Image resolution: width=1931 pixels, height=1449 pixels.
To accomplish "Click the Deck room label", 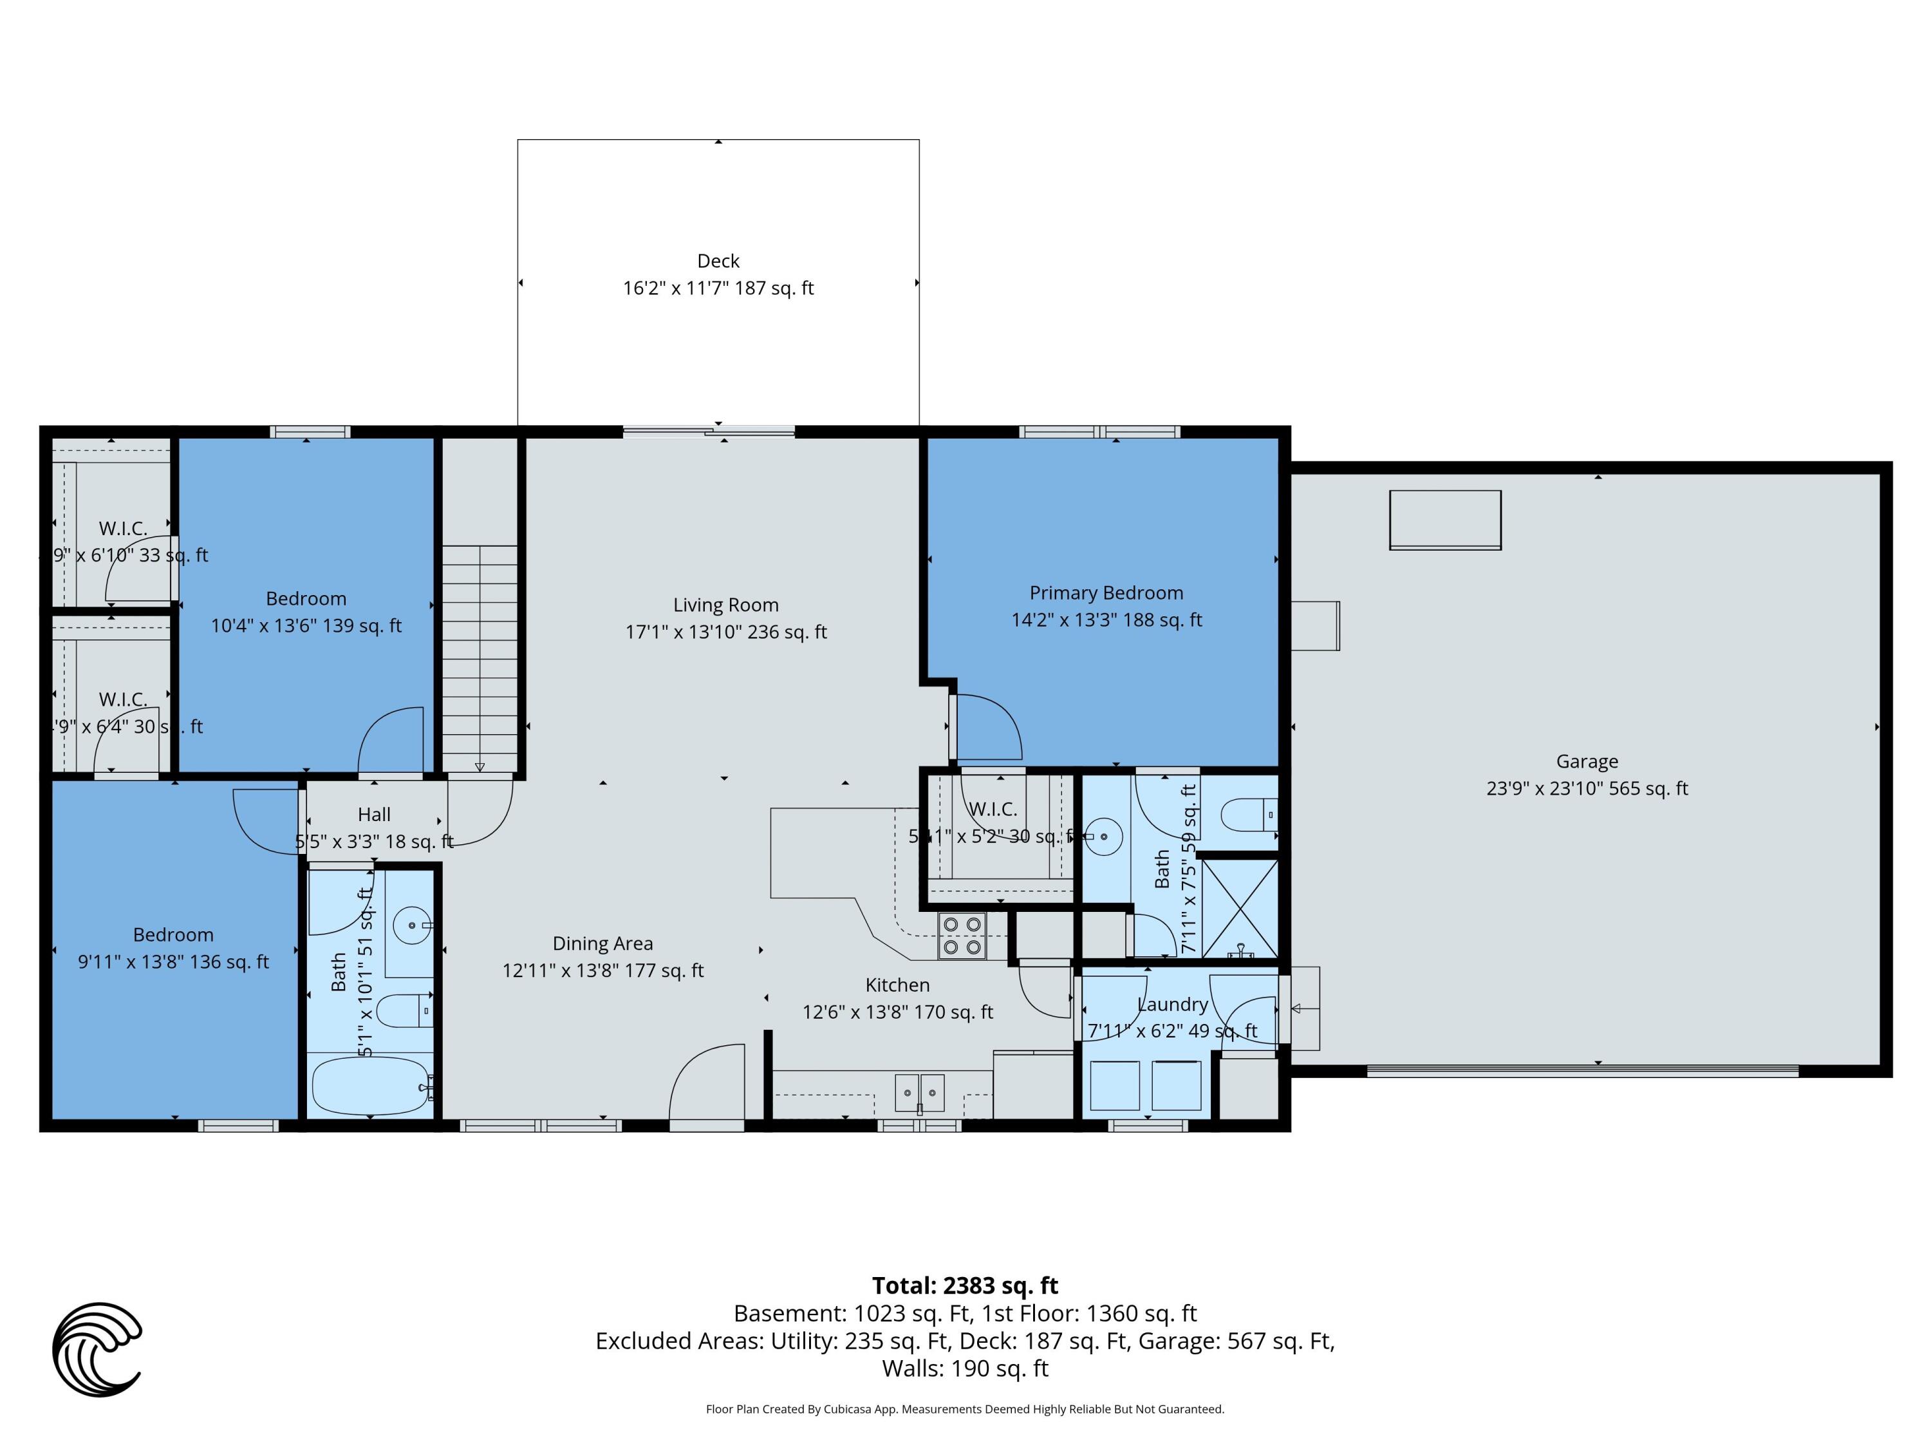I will (x=718, y=261).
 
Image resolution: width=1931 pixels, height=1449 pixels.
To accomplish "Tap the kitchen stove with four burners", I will (x=962, y=936).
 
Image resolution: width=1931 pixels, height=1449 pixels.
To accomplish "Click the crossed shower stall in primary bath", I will (x=1240, y=908).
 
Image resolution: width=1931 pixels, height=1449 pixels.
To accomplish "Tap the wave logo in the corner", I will (x=97, y=1349).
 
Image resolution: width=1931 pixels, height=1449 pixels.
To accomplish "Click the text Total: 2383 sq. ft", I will (x=965, y=1285).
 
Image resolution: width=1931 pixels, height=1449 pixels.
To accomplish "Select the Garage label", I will (x=1586, y=762).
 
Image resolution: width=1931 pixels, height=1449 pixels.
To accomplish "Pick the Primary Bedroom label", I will (x=1106, y=593).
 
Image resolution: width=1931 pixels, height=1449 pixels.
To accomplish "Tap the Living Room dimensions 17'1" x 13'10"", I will (x=725, y=632).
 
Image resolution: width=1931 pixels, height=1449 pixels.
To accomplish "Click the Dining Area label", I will (x=602, y=943).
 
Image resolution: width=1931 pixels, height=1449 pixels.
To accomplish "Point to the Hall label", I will (x=373, y=815).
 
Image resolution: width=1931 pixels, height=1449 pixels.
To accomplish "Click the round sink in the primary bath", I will (x=1105, y=837).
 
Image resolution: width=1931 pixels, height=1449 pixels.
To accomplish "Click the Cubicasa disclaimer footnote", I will (x=965, y=1409).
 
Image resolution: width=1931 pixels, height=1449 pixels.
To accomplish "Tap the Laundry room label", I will (x=1171, y=1005).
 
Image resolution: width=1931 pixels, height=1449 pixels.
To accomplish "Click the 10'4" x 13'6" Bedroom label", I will (x=306, y=599).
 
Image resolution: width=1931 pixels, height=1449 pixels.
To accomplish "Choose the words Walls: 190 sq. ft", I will (x=965, y=1368).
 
